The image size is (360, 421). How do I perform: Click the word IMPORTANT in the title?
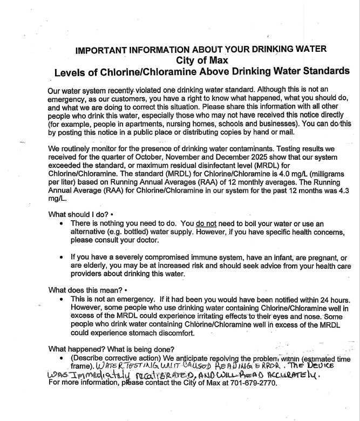coord(103,50)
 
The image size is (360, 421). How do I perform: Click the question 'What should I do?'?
coord(80,213)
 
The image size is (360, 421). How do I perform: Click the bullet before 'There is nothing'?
coord(65,223)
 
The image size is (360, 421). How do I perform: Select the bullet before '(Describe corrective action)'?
coord(65,358)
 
